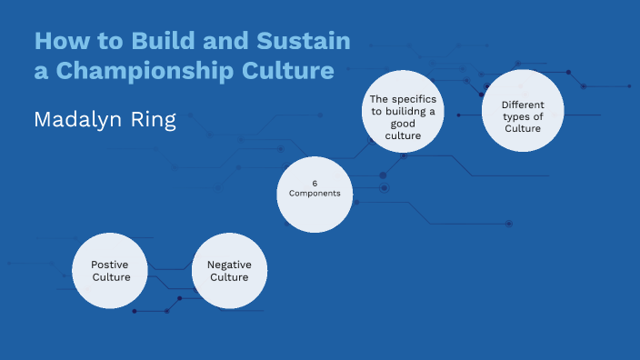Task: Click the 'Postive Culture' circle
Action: point(109,270)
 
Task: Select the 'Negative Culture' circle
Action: point(229,270)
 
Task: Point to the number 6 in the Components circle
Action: point(315,183)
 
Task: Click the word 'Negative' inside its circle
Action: point(229,265)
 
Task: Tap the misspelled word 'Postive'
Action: point(109,265)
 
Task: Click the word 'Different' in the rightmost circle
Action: point(523,105)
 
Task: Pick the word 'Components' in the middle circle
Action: point(315,194)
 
